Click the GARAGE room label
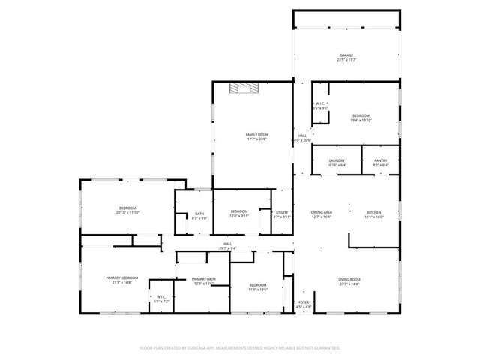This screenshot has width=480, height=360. tap(346, 55)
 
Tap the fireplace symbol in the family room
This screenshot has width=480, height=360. tap(243, 88)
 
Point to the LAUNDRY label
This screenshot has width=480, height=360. tap(337, 160)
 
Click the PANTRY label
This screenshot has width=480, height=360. tap(380, 160)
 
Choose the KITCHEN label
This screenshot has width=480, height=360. tap(374, 213)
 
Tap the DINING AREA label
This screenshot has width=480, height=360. tap(322, 213)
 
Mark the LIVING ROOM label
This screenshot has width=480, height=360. tap(349, 279)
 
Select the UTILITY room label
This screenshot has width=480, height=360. tap(282, 213)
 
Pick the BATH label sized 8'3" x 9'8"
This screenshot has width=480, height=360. tap(199, 214)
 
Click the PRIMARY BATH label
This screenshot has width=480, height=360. tap(204, 279)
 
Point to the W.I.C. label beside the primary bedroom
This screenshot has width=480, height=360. tap(160, 296)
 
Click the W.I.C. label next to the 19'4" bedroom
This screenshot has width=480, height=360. tap(319, 103)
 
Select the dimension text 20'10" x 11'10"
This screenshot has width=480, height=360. tap(127, 212)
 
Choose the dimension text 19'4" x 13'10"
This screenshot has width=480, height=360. tap(361, 120)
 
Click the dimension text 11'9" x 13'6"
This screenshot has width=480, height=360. tap(258, 289)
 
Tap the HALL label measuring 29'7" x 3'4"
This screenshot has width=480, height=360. tap(226, 247)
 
